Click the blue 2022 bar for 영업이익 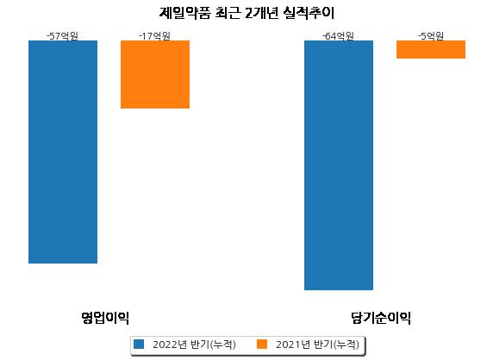[63, 152]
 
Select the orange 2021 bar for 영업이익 [155, 74]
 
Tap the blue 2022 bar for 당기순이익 [339, 165]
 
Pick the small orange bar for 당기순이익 [431, 50]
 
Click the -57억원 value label [62, 36]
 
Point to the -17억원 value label [154, 36]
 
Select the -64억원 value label [338, 36]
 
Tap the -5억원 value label [431, 36]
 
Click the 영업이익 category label [105, 318]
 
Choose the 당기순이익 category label [381, 318]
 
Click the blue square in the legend [139, 344]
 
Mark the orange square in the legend [262, 344]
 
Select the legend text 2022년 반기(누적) [194, 344]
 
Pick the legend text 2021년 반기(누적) [317, 344]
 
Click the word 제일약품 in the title [184, 13]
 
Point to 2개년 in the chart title [262, 13]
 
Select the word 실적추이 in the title [309, 13]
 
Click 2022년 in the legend [170, 344]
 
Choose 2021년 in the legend [293, 344]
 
